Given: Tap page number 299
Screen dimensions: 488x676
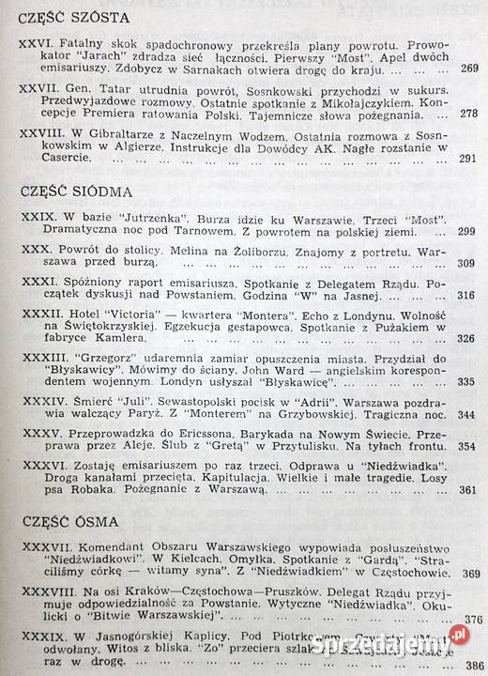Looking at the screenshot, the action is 469,232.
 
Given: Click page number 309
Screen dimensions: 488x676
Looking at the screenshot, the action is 469,263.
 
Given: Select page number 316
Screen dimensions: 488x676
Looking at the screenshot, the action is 469,296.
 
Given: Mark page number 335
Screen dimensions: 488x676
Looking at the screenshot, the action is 468,383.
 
